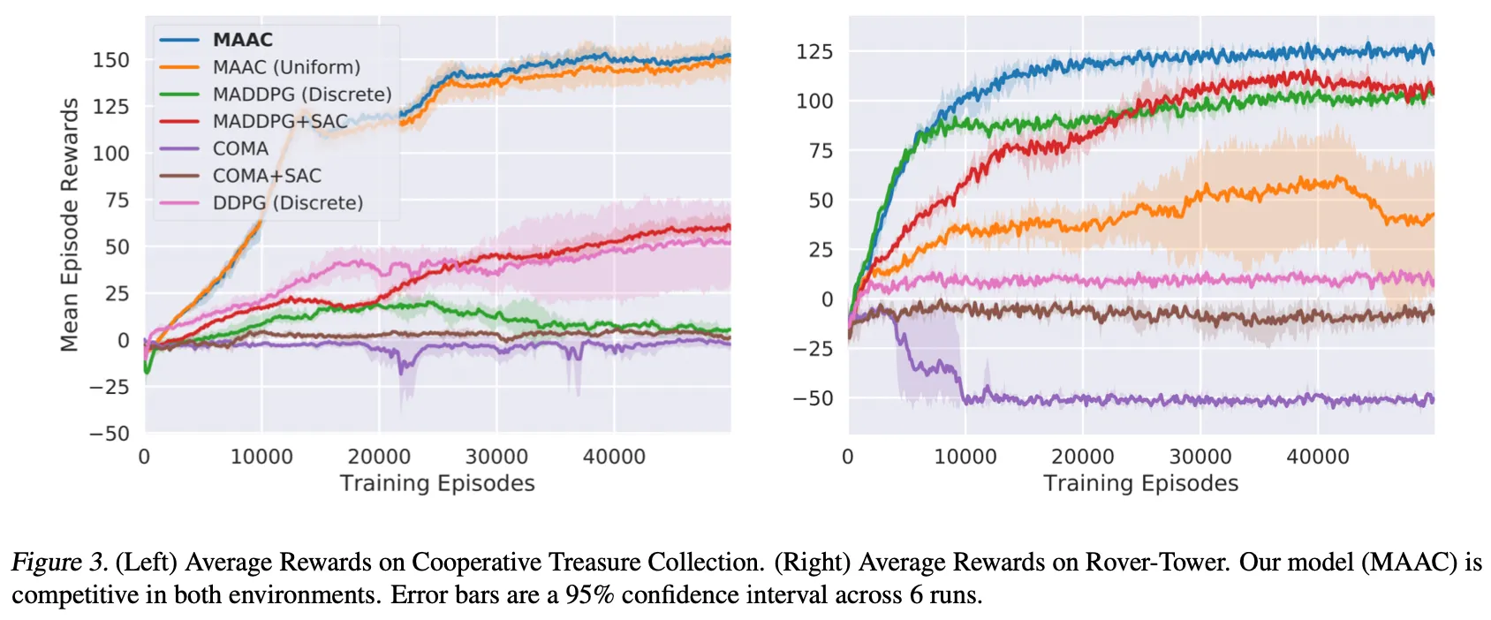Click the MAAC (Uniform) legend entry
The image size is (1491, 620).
coord(286,67)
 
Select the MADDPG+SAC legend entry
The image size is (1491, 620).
coord(280,122)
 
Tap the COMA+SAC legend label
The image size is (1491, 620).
coord(267,176)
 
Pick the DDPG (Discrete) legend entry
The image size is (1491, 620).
coord(287,203)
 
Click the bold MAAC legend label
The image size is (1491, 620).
coord(243,40)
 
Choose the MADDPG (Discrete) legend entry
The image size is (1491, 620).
coord(301,95)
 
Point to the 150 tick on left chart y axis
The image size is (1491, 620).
coord(111,60)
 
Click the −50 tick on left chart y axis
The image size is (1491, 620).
coord(109,434)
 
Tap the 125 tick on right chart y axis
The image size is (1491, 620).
coord(814,52)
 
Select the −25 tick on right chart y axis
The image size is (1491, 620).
coord(812,350)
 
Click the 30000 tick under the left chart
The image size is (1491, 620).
coord(496,457)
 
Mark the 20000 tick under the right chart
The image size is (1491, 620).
coord(1082,457)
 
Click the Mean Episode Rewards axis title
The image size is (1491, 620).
coord(69,225)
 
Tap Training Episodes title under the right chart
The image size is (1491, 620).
coord(1140,483)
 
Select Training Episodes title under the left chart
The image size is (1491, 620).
coord(437,483)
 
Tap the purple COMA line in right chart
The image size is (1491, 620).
coord(1148,401)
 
